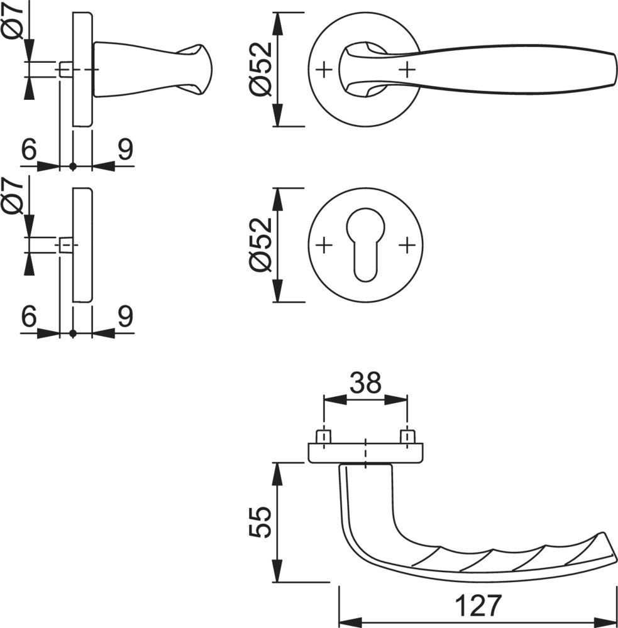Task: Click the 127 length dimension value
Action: [478, 605]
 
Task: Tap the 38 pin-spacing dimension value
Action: [365, 382]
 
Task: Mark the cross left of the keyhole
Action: [324, 244]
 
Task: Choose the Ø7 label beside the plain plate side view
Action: [14, 195]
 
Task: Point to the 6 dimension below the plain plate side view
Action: [28, 317]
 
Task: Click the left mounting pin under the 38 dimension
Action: [323, 436]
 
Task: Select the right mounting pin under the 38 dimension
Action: [407, 436]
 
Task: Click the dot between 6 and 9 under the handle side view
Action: [73, 166]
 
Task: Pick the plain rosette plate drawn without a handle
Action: [82, 245]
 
